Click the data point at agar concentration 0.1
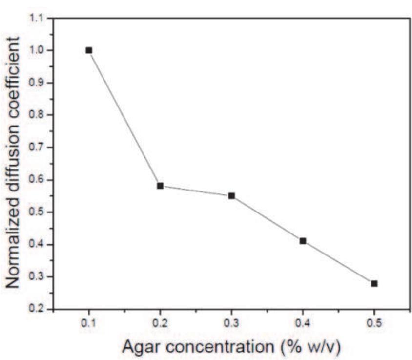click(89, 50)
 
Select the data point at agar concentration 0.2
click(160, 186)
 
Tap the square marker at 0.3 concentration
click(231, 196)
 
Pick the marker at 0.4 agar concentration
click(303, 241)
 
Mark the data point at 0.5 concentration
click(374, 283)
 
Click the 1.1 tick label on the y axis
click(37, 19)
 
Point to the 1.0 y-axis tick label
click(37, 50)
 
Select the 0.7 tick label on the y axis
click(37, 147)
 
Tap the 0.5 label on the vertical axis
click(37, 212)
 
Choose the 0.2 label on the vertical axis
click(37, 309)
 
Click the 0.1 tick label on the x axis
click(89, 323)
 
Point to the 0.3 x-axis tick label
click(231, 323)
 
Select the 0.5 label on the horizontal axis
click(374, 323)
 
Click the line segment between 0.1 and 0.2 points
click(124, 118)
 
